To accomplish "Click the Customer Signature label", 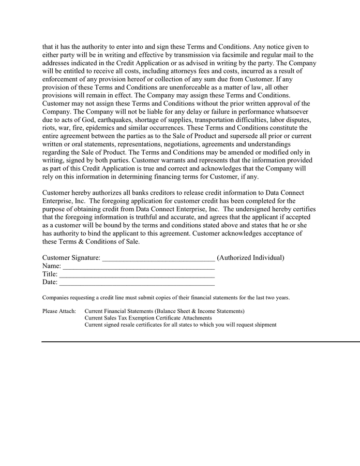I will click(x=71, y=258).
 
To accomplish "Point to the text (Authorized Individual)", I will click(x=250, y=258).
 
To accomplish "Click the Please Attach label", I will click(x=59, y=311).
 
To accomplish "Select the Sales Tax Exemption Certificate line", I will click(x=148, y=318).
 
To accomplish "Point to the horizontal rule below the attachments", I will click(x=201, y=342).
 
